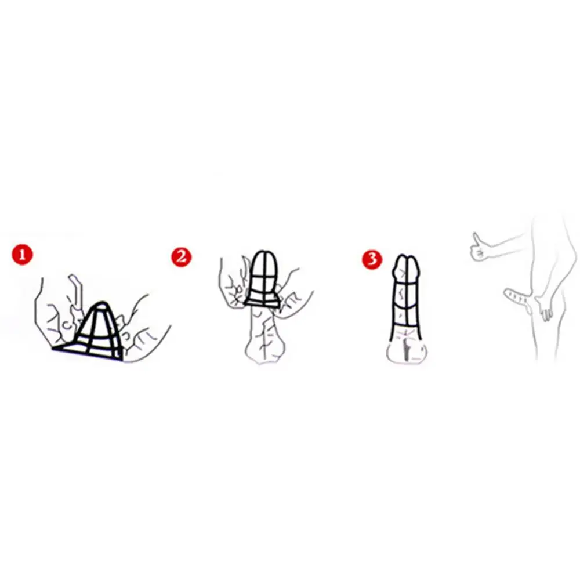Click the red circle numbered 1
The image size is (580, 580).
(x=22, y=255)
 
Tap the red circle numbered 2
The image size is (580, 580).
(x=181, y=256)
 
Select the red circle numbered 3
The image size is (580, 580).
(x=372, y=259)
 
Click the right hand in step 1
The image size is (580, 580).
(x=144, y=329)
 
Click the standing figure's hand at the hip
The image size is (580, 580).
(x=542, y=309)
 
